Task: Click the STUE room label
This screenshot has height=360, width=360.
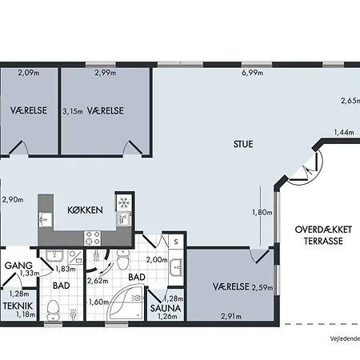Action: click(243, 144)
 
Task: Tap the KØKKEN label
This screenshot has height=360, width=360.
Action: click(85, 210)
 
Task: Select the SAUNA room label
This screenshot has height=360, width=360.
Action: click(166, 308)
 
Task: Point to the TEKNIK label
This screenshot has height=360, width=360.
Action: click(18, 306)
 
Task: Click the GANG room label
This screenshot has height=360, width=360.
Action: click(18, 266)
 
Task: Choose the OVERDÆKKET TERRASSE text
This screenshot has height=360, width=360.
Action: click(323, 235)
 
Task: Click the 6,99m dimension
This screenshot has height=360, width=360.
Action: click(252, 73)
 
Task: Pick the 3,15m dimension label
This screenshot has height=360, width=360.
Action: click(73, 111)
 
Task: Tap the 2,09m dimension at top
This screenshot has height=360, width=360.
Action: click(29, 73)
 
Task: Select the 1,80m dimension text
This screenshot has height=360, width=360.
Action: click(262, 212)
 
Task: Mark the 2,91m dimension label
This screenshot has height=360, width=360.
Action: click(231, 316)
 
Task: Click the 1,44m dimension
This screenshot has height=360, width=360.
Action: click(344, 132)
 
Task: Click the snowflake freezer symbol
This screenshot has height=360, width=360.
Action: click(124, 202)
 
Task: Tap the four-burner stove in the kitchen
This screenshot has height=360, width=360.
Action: click(93, 238)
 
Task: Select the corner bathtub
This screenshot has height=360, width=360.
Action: click(126, 302)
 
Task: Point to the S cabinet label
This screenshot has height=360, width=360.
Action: click(176, 242)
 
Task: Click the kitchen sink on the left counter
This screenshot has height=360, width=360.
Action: click(46, 220)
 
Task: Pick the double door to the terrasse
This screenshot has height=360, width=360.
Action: click(304, 168)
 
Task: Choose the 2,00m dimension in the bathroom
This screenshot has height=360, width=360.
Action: click(157, 259)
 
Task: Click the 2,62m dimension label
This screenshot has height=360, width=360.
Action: click(98, 281)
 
